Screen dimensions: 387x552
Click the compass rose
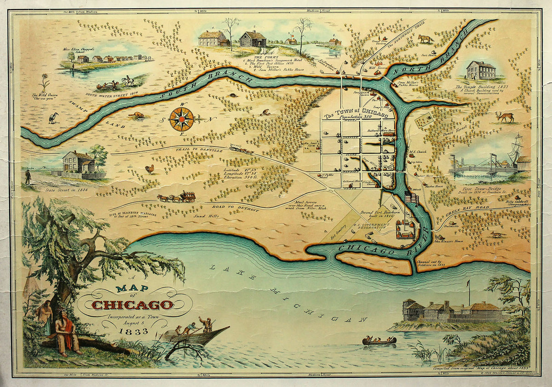tap(181, 119)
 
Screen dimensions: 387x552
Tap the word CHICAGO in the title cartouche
tap(132, 305)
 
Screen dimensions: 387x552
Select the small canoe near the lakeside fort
tap(379, 341)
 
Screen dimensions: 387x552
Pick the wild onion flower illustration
tap(44, 82)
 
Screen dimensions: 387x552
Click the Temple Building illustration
tap(481, 70)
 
